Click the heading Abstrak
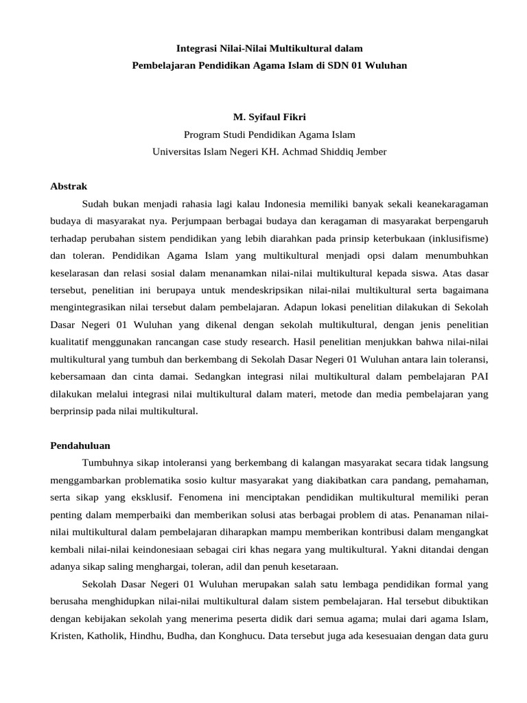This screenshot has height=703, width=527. pos(69,186)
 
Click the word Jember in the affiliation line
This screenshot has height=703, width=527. pos(371,152)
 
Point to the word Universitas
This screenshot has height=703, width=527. pos(177,152)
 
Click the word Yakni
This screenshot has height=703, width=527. pos(405,550)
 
